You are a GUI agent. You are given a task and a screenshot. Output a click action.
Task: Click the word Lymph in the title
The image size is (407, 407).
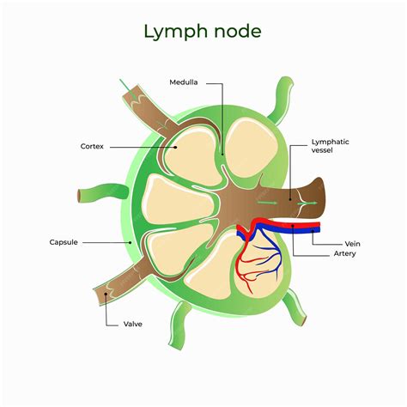point(172,33)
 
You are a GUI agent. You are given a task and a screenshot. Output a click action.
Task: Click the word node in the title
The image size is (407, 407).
point(236,33)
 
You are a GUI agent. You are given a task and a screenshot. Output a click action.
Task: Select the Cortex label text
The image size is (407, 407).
point(92,147)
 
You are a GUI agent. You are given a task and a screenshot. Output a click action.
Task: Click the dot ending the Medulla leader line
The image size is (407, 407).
point(222,155)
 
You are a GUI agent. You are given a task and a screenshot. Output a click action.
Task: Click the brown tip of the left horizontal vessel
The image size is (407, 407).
point(82,194)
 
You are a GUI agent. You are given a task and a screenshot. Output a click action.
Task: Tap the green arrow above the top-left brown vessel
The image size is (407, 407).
point(125,84)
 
